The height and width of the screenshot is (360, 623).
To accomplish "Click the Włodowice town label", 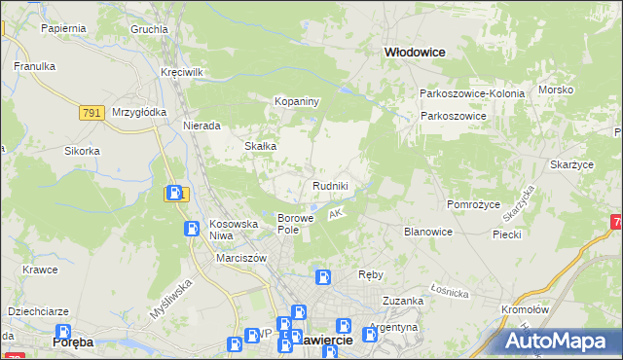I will pos(415,54).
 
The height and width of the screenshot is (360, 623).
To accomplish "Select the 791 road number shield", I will pos(92,113).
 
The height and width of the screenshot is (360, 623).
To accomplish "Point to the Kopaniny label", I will pos(297,101).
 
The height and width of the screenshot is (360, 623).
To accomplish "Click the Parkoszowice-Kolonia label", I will pos(472,93).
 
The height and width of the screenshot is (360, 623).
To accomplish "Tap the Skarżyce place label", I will pos(571,165).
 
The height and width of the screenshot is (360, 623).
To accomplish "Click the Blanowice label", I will pos(428,232).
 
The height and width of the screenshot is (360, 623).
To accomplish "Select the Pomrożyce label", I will pos(472,204).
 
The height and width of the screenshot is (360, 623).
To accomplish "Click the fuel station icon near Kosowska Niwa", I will pos(193,229).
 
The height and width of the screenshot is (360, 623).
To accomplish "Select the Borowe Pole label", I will pos(295,224).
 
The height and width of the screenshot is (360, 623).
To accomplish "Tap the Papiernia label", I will pos(64,28).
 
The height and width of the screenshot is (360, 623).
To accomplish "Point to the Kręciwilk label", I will pos(182,73).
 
